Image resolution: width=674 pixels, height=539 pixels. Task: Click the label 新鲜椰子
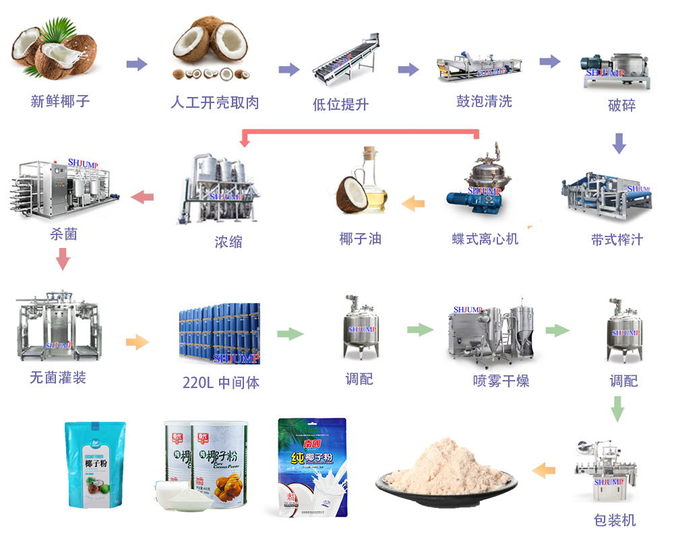coord(60,102)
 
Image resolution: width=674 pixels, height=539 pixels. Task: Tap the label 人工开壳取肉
coord(214,102)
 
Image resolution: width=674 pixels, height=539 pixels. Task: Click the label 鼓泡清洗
coord(484,102)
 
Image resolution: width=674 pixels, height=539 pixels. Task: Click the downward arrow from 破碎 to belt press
coord(619,143)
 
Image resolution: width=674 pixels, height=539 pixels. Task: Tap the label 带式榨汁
coord(617,240)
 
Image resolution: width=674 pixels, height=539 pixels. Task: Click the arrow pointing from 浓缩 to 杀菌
coord(142,197)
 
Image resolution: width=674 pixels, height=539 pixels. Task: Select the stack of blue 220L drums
coord(219,334)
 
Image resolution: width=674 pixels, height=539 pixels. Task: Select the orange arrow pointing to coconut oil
coord(413,201)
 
